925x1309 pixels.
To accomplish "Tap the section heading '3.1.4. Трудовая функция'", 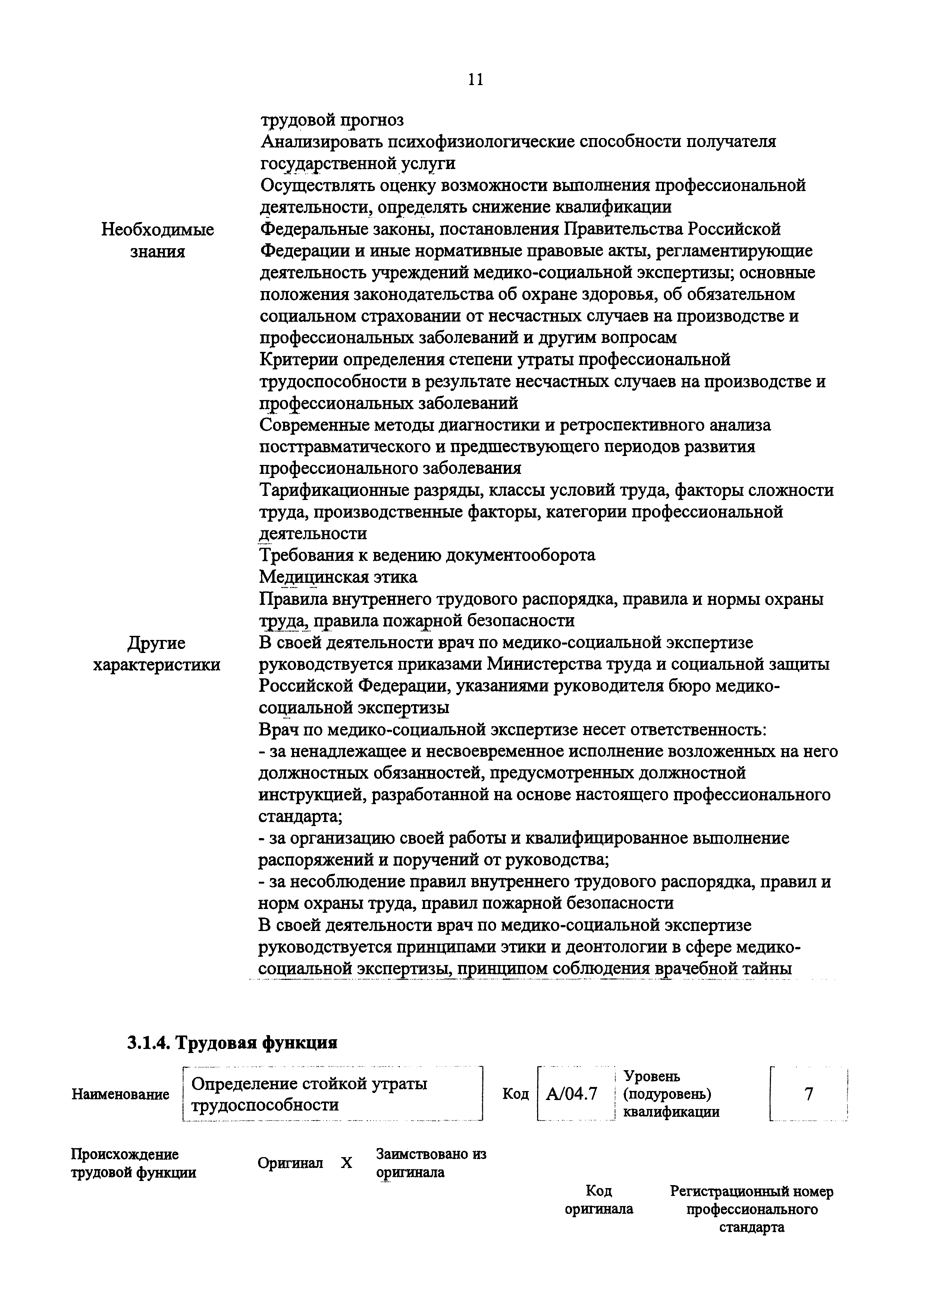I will pyautogui.click(x=232, y=1043).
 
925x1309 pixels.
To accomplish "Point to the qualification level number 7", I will pyautogui.click(x=808, y=1093).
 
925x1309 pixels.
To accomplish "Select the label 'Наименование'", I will pyautogui.click(x=120, y=1095).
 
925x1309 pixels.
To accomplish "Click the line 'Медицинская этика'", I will pyautogui.click(x=338, y=577).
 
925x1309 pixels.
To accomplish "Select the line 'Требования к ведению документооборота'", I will pyautogui.click(x=427, y=555).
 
